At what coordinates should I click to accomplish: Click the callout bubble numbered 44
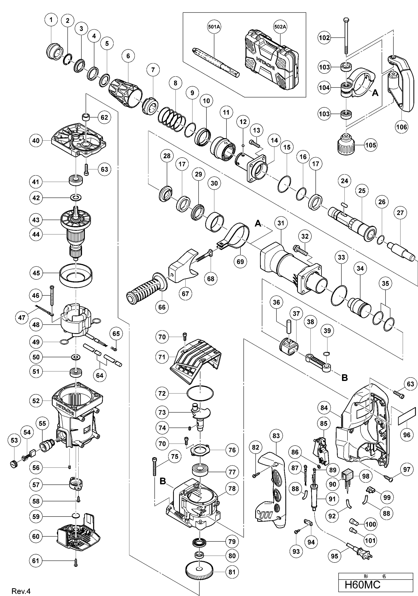pos(36,234)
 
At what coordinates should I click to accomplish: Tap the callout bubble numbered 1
pos(51,20)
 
